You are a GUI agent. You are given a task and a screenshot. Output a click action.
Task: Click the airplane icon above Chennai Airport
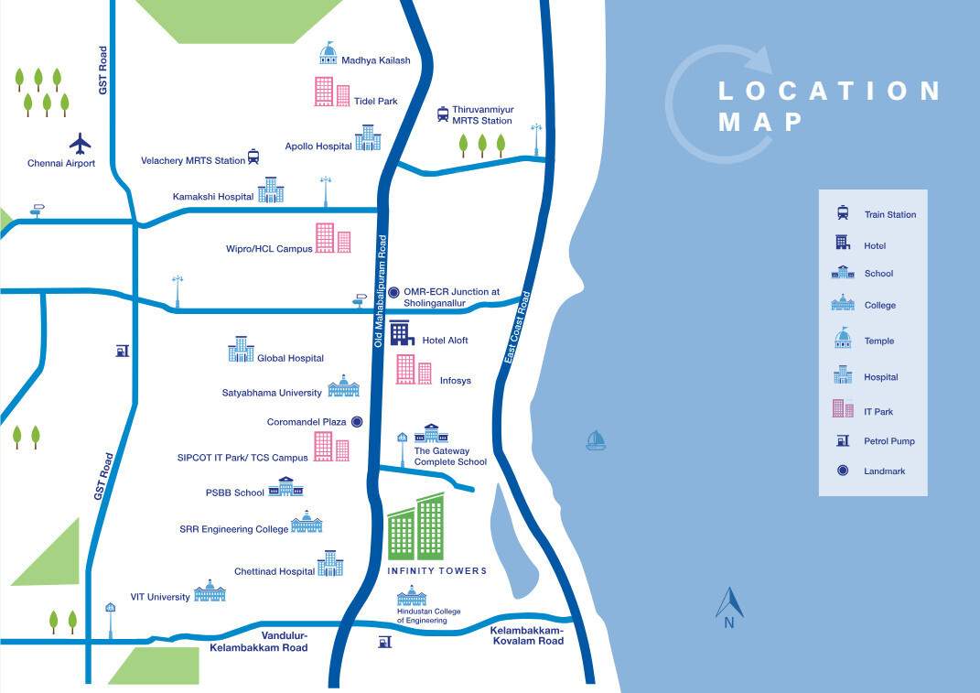point(81,144)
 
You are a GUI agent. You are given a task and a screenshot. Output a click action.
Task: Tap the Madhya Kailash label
point(375,61)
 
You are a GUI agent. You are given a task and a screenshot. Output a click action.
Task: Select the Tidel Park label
point(375,102)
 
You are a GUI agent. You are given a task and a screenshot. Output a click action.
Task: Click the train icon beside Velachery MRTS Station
point(253,157)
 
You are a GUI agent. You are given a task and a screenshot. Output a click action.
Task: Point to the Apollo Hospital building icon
point(368,138)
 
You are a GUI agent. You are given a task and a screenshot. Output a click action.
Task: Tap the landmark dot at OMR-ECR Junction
point(393,293)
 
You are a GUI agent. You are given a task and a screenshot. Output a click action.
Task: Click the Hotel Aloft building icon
point(403,334)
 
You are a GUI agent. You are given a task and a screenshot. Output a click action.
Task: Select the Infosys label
point(456,381)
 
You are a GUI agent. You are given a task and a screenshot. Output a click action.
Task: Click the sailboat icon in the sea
point(597,441)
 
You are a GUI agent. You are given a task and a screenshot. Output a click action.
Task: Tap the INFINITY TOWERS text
point(436,571)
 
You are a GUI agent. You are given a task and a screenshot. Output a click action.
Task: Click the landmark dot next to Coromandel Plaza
point(357,422)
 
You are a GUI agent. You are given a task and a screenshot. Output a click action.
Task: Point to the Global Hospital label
point(290,359)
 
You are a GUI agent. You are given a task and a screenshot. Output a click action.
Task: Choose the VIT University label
point(160,597)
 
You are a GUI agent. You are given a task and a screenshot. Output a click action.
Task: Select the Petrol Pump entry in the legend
point(888,441)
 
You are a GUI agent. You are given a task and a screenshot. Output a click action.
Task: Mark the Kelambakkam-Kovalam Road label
point(527,635)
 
